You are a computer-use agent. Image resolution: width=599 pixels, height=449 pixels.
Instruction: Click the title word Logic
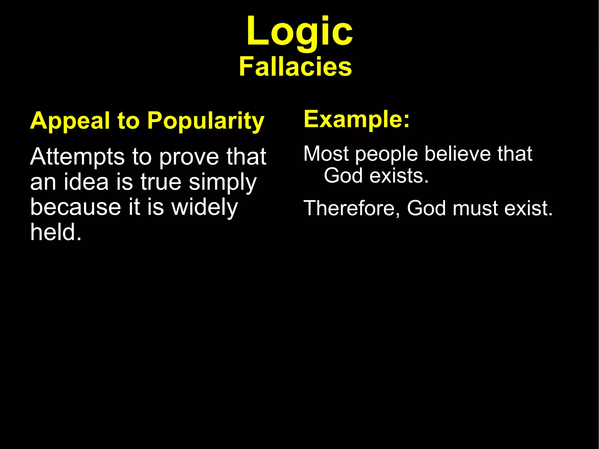click(299, 32)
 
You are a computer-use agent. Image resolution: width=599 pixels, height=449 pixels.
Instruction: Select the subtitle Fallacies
click(295, 67)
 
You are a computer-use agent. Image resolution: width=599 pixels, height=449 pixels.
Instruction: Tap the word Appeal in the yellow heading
click(70, 121)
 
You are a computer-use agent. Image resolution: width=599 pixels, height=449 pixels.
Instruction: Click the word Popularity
click(206, 121)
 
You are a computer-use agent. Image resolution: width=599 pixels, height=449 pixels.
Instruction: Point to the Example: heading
click(357, 119)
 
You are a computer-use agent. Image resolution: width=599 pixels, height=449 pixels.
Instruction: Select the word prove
click(189, 157)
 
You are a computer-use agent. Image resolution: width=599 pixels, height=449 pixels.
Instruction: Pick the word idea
click(86, 182)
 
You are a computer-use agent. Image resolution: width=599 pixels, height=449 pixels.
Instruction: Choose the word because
click(76, 207)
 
